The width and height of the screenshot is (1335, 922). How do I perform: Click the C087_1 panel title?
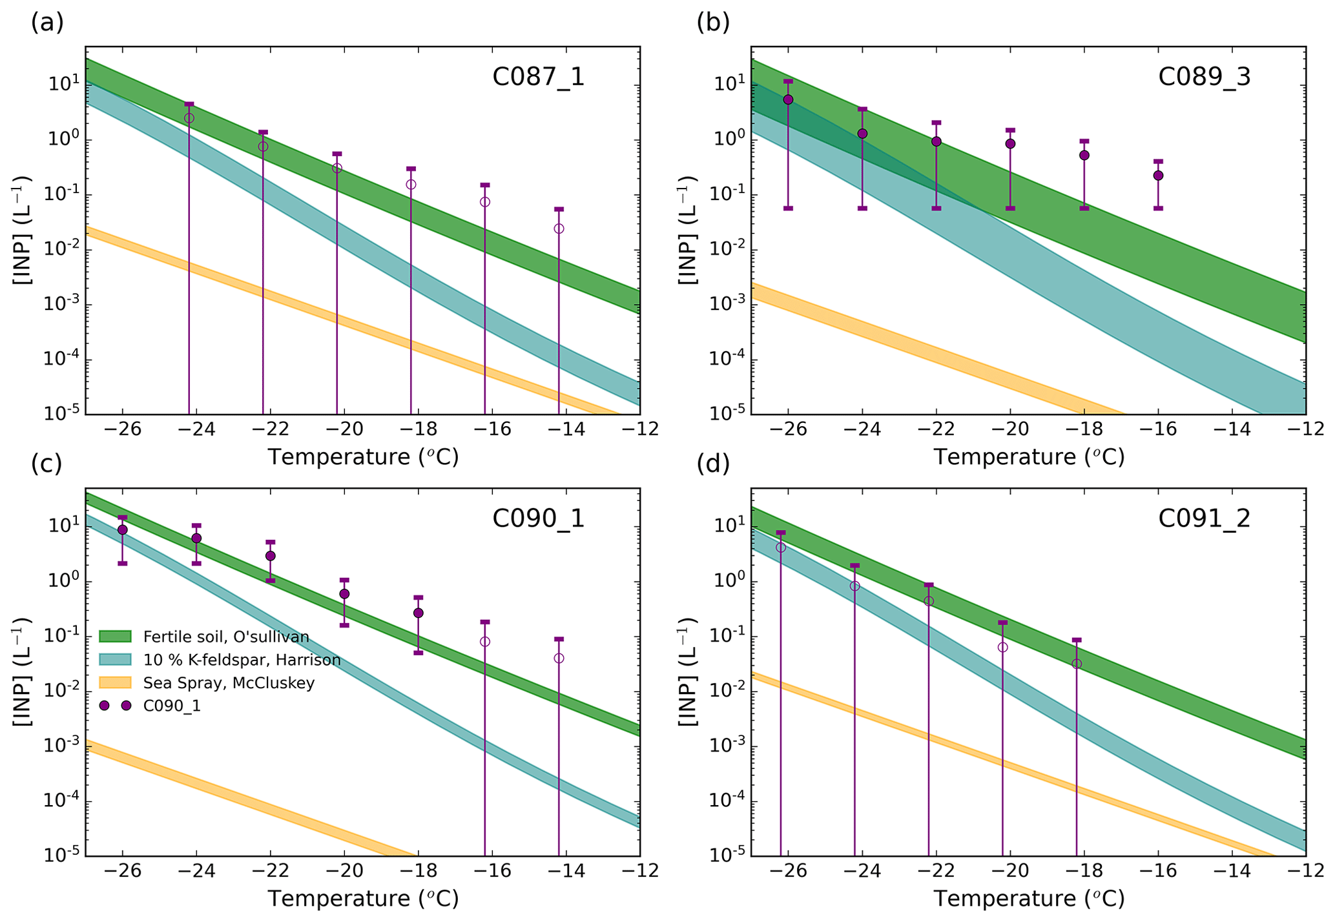click(538, 77)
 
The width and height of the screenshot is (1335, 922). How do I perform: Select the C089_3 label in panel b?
click(1204, 77)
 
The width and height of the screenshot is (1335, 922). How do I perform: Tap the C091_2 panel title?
click(1204, 518)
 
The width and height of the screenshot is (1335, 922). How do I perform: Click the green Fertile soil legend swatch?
click(115, 637)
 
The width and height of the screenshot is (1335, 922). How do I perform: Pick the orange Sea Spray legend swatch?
click(115, 682)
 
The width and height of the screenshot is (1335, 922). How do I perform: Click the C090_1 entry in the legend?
click(172, 706)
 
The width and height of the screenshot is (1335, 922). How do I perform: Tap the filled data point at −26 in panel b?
click(788, 99)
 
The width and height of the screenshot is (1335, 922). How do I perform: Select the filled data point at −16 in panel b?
click(1158, 175)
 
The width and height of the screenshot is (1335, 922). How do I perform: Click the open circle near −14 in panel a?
click(559, 229)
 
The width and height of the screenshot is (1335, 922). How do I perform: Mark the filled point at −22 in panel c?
click(271, 556)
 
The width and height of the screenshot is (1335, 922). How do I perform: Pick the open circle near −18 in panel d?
click(1077, 664)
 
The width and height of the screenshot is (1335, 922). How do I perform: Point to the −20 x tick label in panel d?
click(1010, 872)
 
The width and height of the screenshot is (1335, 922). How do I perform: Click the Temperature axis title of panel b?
click(1029, 457)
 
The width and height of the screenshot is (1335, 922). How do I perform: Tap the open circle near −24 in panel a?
click(189, 118)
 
